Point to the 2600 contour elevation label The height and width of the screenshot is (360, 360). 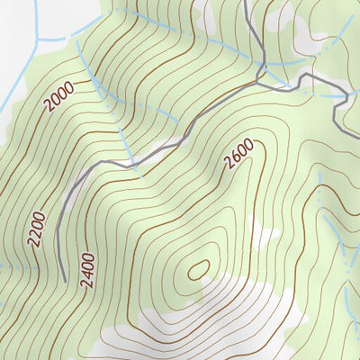point(239,154)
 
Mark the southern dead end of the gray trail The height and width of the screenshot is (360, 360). point(66,278)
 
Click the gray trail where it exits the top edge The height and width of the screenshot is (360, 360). point(247,2)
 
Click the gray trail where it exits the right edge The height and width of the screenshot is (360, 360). point(357,101)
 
